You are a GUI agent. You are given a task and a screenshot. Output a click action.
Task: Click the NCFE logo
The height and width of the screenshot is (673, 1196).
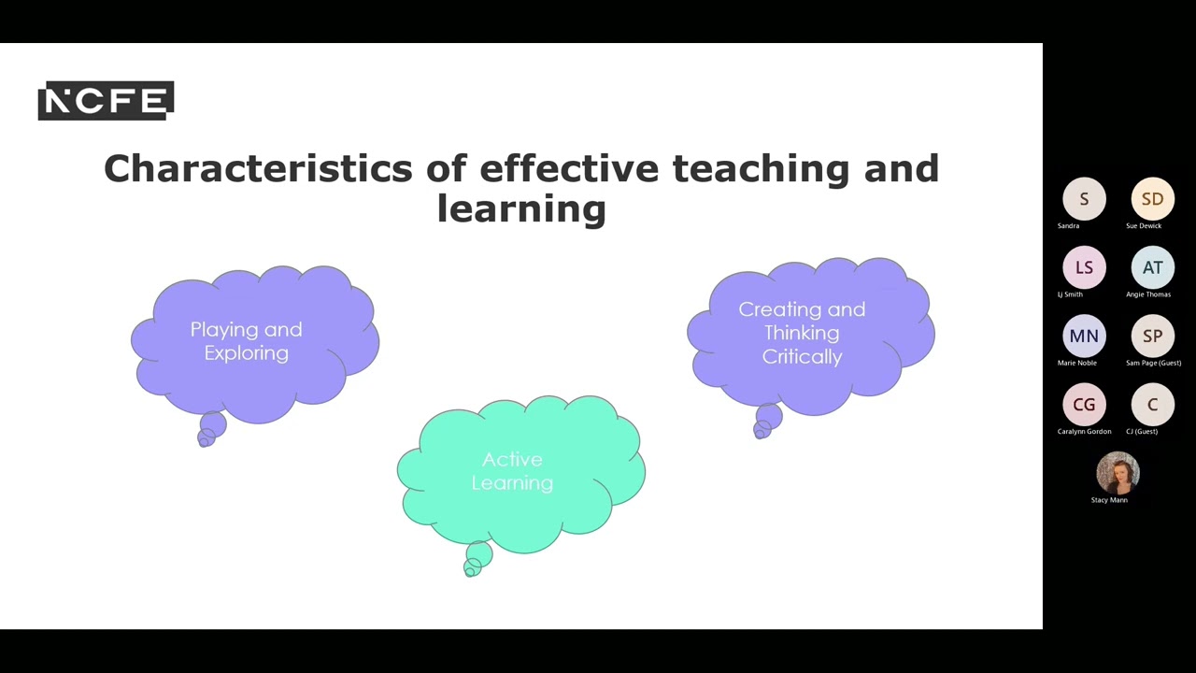pos(106,101)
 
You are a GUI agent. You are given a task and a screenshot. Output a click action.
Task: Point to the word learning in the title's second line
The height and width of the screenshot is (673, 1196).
pos(521,208)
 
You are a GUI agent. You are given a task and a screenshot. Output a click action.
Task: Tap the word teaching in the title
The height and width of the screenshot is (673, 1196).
pos(759,169)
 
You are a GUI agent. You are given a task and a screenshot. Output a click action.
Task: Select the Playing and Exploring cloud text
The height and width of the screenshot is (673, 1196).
pos(246,341)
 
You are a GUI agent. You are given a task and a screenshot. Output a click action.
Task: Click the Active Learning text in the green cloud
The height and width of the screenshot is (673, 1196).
pos(512,471)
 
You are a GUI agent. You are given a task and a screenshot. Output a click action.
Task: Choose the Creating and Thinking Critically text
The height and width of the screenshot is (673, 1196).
pos(802,333)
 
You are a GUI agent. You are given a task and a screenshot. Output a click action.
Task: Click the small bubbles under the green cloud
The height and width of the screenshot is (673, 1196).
pos(477,560)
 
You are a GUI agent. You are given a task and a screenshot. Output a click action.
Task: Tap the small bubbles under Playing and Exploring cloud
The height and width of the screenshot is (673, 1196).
pos(211,431)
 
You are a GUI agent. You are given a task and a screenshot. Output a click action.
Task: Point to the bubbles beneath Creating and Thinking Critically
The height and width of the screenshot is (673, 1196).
pos(766,422)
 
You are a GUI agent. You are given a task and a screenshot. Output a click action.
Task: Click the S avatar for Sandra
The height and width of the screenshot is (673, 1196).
pos(1084,199)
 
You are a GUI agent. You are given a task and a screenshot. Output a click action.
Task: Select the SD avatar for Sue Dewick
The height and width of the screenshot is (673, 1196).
pos(1152,199)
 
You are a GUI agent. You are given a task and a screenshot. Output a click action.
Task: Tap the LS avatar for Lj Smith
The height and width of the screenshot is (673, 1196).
pos(1084,267)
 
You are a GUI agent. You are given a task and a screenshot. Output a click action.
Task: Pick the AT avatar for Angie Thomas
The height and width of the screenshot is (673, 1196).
pos(1152,267)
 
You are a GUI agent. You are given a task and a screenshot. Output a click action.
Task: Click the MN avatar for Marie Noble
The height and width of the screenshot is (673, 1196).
pos(1084,336)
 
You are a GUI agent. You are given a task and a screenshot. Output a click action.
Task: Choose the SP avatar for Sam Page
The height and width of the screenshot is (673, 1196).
pos(1152,336)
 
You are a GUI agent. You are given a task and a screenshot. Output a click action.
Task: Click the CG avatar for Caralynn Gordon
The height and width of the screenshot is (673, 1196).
pos(1084,405)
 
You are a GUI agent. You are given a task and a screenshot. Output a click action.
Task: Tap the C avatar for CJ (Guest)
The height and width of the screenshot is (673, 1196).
pos(1152,405)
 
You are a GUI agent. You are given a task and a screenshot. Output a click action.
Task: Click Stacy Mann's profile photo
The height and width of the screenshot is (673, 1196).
pos(1118,473)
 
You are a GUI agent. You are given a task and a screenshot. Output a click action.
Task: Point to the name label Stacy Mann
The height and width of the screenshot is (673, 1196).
pos(1109,500)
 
